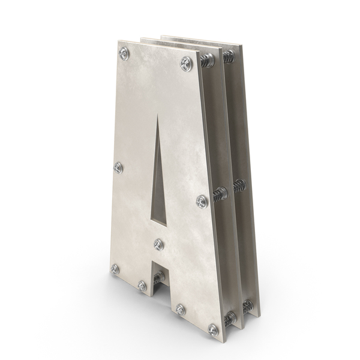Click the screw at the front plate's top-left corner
point(124,53)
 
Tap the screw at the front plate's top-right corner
point(186,63)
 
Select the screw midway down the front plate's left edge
point(118,167)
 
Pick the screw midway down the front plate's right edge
point(202,202)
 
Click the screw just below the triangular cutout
point(158,244)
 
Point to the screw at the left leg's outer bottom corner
point(115,269)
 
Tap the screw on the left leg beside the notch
point(142,286)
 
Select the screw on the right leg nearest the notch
point(181,310)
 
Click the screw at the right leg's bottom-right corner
point(213,330)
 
